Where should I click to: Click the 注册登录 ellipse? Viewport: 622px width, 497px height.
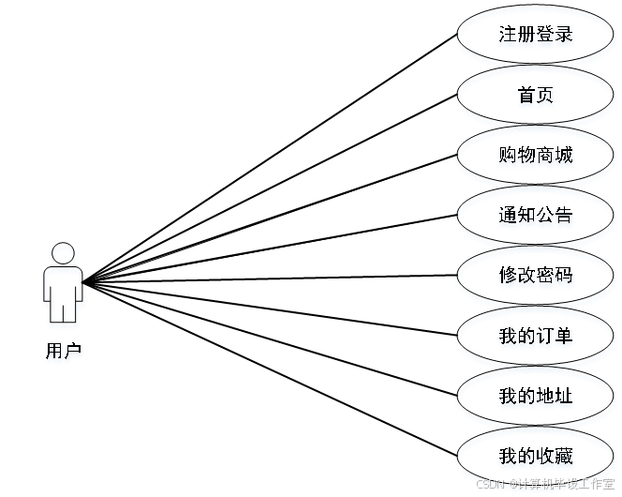coord(535,37)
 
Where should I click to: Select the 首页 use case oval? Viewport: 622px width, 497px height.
coord(535,97)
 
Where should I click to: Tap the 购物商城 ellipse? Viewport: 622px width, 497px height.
coord(535,157)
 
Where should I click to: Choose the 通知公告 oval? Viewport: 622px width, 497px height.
coord(535,217)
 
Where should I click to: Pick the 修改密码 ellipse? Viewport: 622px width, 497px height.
coord(535,277)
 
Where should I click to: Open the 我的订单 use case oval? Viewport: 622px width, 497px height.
coord(535,337)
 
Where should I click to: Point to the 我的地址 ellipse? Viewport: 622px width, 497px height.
coord(535,397)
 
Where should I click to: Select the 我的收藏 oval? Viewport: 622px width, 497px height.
coord(535,458)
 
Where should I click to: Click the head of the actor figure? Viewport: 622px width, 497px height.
coord(64,254)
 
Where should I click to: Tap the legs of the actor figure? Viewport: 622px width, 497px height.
coord(64,308)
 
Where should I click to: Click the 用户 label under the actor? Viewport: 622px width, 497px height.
coord(64,353)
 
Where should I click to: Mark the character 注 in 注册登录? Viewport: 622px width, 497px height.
coord(507,37)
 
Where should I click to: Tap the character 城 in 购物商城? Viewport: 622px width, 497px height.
coord(564,157)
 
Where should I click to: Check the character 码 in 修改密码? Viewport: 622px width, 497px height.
coord(564,277)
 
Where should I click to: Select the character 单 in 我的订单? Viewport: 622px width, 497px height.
coord(564,337)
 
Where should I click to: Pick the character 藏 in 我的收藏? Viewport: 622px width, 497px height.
coord(564,458)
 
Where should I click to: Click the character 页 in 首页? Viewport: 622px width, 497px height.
coord(545,97)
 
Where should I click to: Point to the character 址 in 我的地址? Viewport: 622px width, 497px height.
coord(564,397)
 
